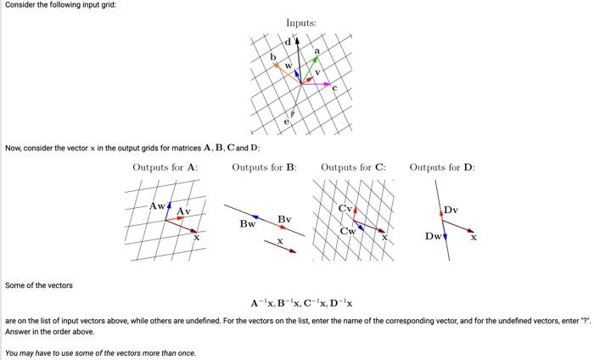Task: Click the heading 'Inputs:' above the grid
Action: (x=301, y=23)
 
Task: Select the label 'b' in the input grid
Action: (x=272, y=57)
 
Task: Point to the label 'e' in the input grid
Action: (x=286, y=123)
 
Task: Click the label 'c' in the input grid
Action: (x=334, y=89)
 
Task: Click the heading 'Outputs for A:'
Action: (x=165, y=167)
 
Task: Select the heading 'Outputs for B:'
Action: (x=264, y=167)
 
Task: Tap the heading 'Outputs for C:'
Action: (x=353, y=167)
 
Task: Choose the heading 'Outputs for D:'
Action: (x=442, y=167)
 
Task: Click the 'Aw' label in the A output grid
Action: (x=157, y=205)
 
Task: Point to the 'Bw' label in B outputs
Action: (x=247, y=224)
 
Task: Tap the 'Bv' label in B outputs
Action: (x=284, y=220)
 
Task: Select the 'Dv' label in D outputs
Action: (x=450, y=210)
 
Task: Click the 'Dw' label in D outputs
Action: (x=433, y=236)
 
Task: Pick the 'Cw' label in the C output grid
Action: (x=348, y=231)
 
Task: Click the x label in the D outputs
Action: (x=474, y=238)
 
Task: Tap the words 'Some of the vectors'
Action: (x=39, y=285)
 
